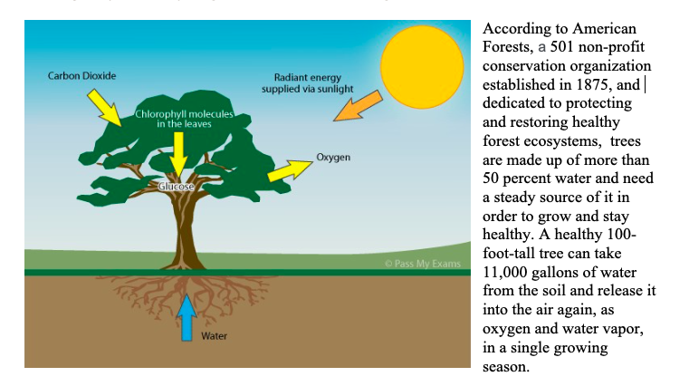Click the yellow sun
point(422,67)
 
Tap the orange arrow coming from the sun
point(358,106)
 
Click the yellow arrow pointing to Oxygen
point(290,170)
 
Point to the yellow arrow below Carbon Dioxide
point(104,108)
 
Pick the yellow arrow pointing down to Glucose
point(178,155)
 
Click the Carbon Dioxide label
point(81,75)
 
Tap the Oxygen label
point(333,158)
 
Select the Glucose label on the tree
point(176,187)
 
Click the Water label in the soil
point(214,336)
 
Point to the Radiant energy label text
point(308,83)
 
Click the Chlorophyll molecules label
point(184,119)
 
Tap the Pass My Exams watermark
point(423,264)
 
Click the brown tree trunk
point(183,228)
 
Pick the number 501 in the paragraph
point(562,46)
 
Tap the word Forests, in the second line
point(508,47)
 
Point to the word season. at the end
point(506,367)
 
